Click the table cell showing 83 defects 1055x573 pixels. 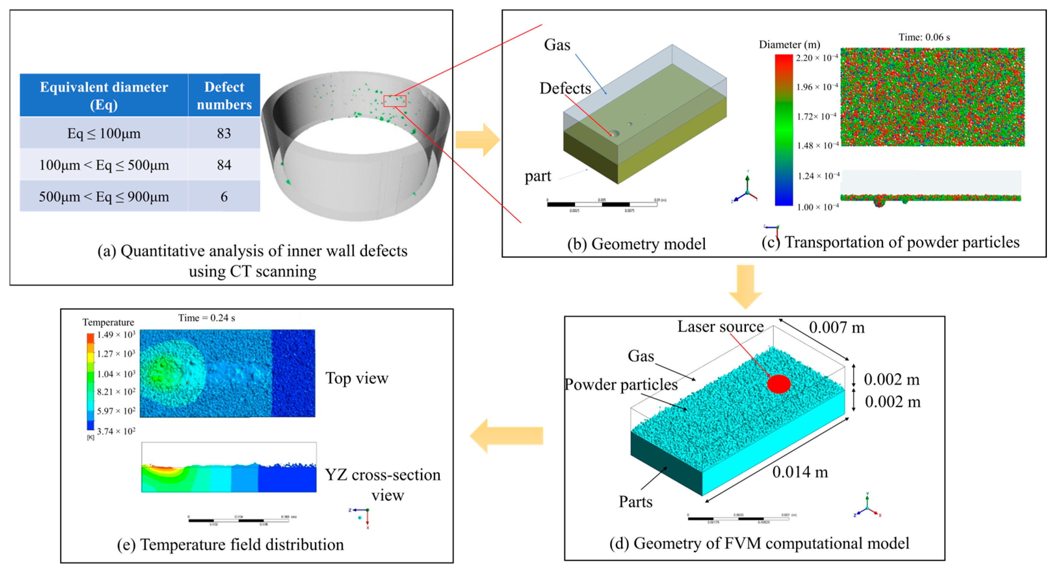coord(224,133)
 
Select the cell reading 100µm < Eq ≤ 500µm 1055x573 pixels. coord(104,165)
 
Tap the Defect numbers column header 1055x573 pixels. coord(224,96)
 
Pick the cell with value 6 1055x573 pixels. coord(224,197)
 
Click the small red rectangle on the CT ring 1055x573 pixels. coord(395,101)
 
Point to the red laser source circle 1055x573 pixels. coord(778,384)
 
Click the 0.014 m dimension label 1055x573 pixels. coord(800,472)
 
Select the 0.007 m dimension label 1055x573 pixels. coord(836,327)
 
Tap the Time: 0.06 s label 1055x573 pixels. coord(924,37)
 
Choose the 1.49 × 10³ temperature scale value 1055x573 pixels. coord(116,335)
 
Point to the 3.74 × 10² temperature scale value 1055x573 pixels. coord(116,431)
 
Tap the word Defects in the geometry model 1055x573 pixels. coord(565,88)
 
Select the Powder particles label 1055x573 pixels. coord(621,384)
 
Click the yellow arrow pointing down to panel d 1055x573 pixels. coord(745,286)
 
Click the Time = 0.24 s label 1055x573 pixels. coord(206,318)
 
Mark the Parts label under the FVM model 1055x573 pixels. coord(635,502)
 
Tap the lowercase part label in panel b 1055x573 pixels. coord(538,176)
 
